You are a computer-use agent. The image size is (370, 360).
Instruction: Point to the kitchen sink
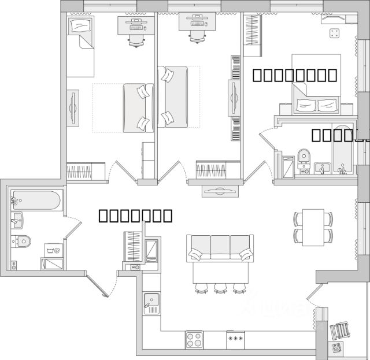tap(153, 302)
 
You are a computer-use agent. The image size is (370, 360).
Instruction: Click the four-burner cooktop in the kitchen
tap(194, 339)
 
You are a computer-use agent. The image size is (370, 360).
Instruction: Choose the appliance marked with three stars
tap(235, 339)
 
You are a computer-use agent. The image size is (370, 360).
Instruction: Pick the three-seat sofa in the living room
tap(220, 248)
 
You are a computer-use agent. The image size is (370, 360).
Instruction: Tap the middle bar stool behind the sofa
tap(220, 288)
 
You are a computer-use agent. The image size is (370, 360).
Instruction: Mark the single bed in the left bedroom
tap(80, 46)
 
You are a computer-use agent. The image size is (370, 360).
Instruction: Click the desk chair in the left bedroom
tap(136, 40)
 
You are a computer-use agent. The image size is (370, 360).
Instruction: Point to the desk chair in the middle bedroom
tap(197, 36)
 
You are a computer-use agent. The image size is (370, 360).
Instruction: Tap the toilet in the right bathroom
tap(304, 157)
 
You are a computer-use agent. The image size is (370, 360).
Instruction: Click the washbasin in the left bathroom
tap(17, 220)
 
